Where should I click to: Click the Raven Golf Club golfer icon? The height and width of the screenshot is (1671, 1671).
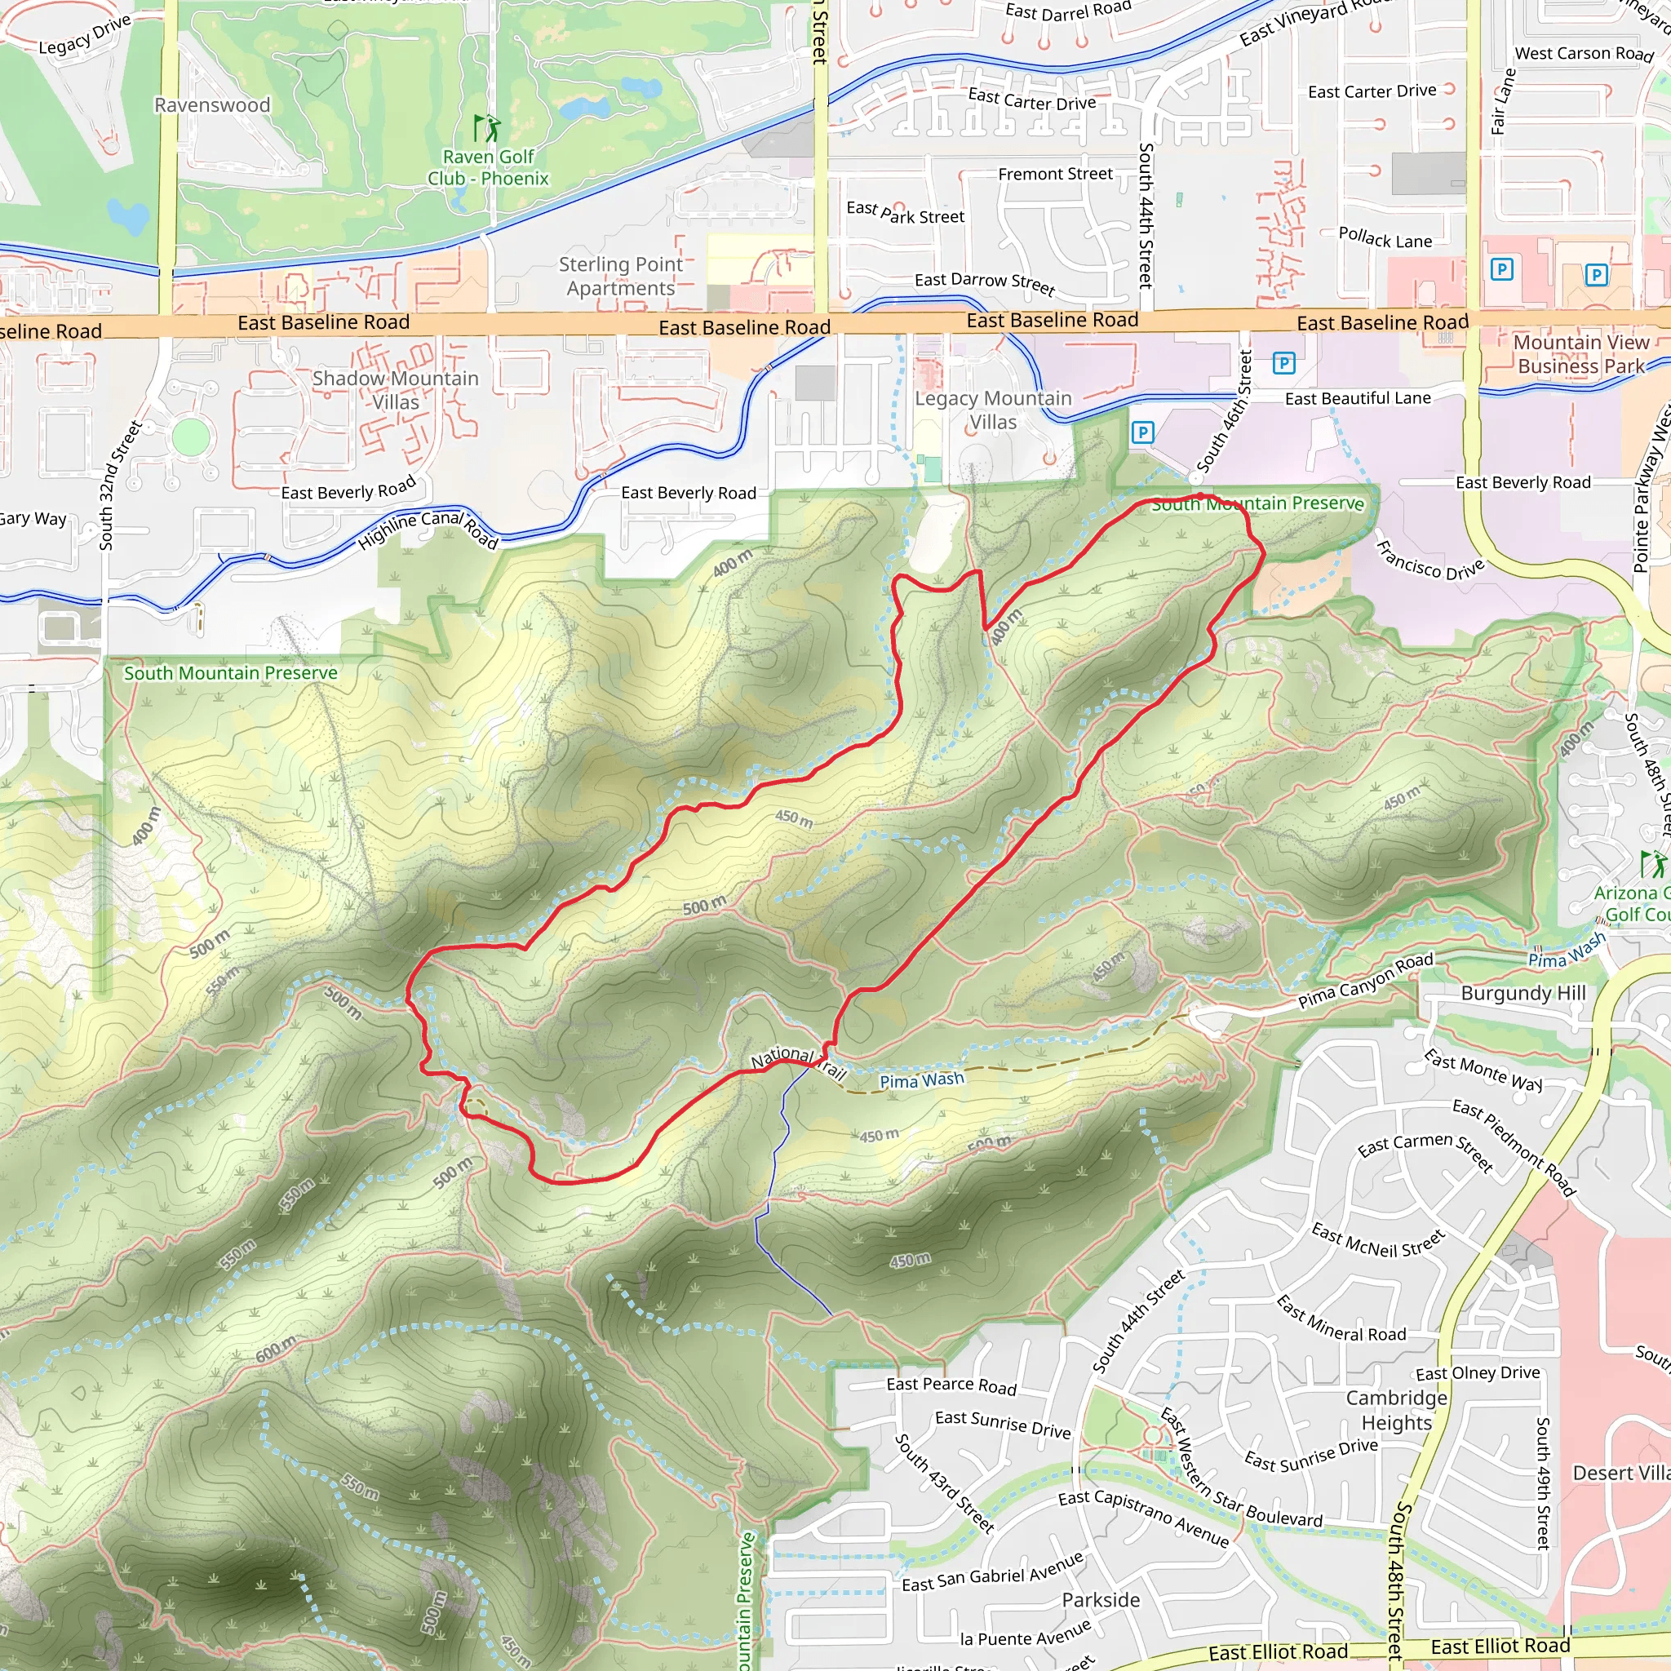pos(487,128)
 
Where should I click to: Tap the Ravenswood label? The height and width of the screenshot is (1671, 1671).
pos(212,105)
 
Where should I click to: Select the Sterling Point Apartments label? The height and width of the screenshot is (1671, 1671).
pos(620,276)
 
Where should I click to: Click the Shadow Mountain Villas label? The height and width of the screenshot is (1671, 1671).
pos(395,390)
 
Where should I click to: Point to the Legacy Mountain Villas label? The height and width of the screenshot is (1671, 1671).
pos(993,410)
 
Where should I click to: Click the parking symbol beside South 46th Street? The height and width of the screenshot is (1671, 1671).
pos(1283,363)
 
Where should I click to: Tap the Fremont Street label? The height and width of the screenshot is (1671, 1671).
pos(1055,174)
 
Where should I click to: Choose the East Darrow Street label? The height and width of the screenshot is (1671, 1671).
pos(984,282)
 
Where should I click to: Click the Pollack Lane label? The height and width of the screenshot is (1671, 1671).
pos(1385,238)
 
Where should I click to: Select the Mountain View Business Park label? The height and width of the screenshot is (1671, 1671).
pos(1581,354)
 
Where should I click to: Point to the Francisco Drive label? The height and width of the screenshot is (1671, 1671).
pos(1429,560)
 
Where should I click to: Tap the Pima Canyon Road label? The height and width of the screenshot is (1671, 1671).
pos(1365,981)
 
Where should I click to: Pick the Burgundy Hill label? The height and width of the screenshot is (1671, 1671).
pos(1523,993)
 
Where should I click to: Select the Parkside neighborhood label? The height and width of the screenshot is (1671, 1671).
pos(1100,1600)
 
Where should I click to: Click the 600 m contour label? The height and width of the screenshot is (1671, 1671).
pos(276,1349)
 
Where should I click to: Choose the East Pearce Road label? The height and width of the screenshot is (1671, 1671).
pos(951,1385)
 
